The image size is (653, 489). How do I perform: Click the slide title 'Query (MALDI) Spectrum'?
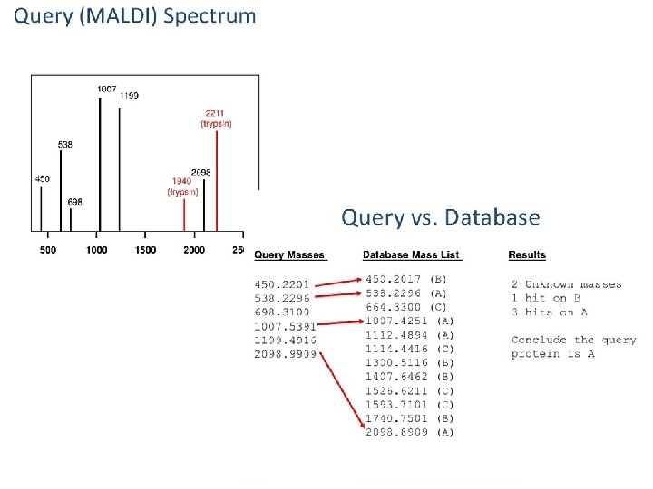135,16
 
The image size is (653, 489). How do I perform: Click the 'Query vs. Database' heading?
440,217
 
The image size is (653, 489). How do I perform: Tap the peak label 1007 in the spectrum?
107,89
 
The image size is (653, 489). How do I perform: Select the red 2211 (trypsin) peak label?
216,119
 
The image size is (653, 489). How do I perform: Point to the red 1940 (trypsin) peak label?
182,186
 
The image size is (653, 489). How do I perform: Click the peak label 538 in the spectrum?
65,144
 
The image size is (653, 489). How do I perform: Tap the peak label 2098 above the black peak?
201,172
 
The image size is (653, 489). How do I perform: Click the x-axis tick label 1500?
145,249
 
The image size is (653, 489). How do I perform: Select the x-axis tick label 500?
49,249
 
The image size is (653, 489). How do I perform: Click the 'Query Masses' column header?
289,255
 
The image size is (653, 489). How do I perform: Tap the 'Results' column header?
527,255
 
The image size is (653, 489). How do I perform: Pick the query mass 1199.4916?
285,340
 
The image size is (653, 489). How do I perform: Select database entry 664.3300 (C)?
409,306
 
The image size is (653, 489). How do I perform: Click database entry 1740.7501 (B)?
409,418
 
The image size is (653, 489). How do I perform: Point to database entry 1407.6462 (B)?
409,376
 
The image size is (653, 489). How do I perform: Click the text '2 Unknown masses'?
566,284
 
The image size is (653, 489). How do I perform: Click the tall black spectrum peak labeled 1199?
120,172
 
